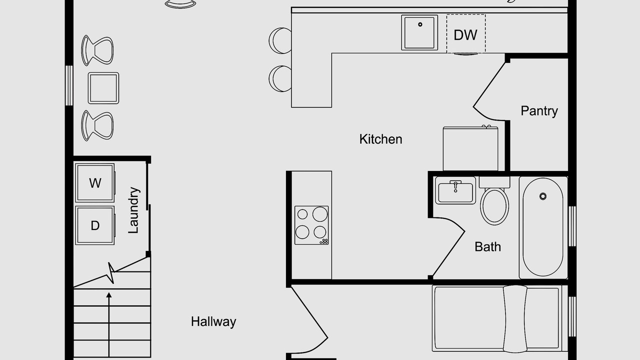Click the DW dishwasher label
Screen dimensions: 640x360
pos(465,35)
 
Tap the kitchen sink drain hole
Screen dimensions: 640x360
pos(420,24)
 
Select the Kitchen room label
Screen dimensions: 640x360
pos(380,139)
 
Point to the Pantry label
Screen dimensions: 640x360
pos(539,111)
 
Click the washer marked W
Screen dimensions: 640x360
pos(95,183)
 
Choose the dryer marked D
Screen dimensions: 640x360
pos(95,225)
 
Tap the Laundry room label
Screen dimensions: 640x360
pos(133,210)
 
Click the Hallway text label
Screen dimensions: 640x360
pos(213,321)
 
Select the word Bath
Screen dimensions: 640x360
pos(487,247)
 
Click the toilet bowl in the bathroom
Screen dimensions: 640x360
pos(494,205)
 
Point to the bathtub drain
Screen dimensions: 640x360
pos(543,196)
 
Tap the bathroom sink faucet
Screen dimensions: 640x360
pos(455,185)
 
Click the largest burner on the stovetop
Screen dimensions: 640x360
pos(320,214)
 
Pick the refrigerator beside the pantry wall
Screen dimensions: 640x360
pos(470,148)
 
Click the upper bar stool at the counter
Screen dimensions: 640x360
pos(280,40)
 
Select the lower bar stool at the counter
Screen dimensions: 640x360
pos(280,78)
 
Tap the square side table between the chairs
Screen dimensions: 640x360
pos(103,88)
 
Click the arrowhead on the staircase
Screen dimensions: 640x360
pos(109,295)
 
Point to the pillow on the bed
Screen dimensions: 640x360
pos(515,319)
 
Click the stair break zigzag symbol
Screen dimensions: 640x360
pos(111,273)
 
